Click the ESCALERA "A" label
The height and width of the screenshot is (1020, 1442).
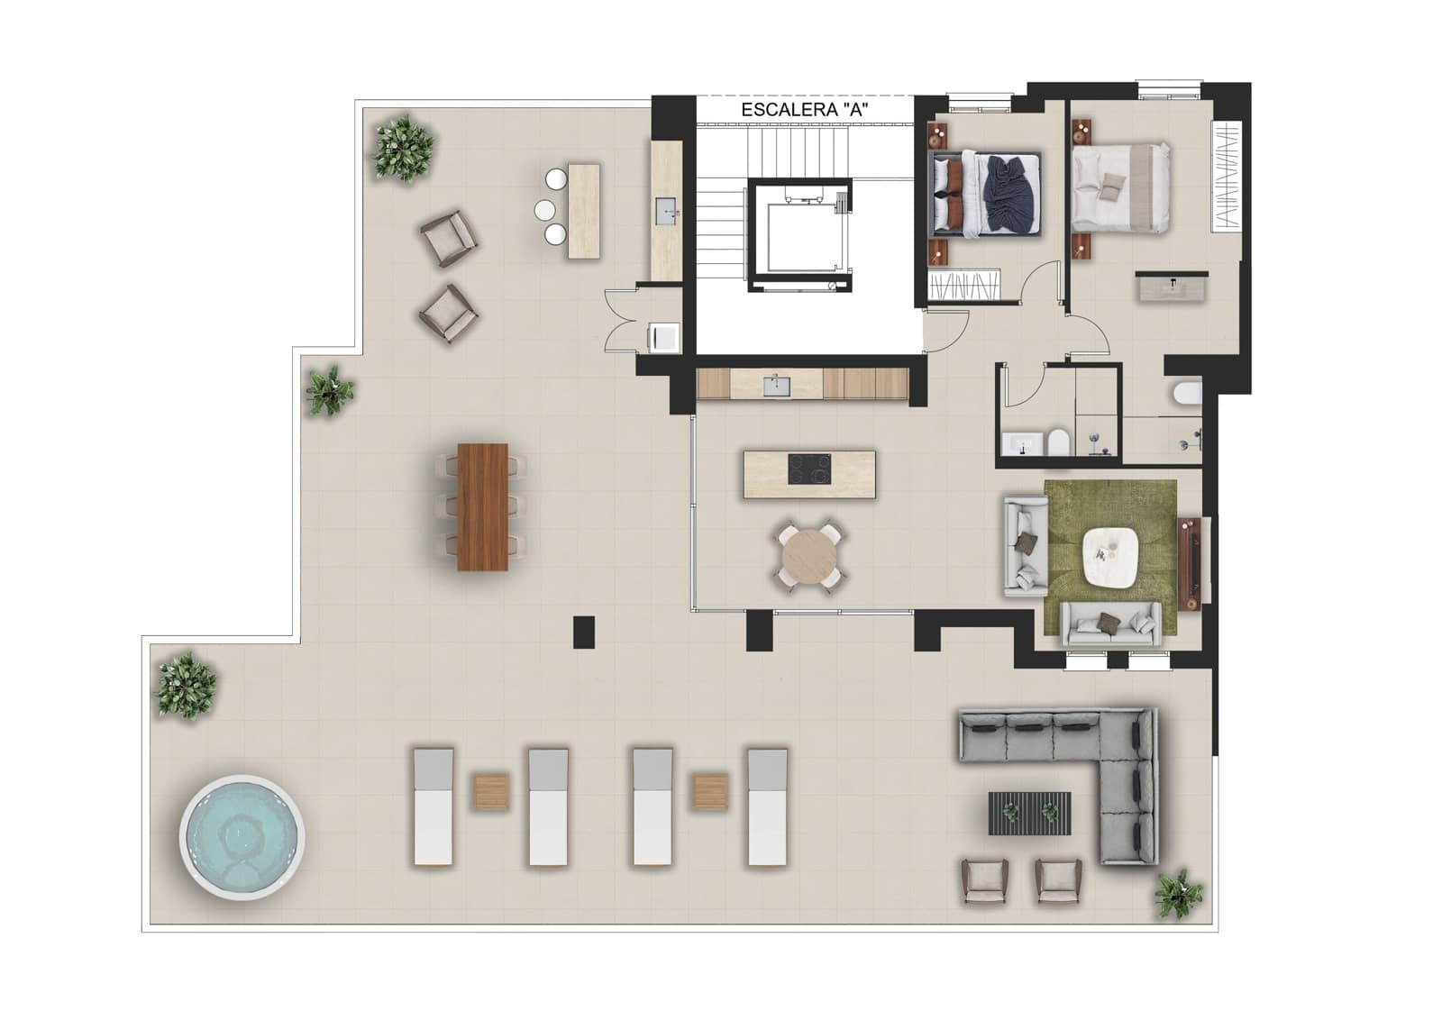(805, 110)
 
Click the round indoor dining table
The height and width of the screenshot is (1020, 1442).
(809, 559)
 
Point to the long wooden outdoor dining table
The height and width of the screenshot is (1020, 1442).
(483, 506)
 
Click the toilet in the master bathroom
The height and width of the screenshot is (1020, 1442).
(1187, 394)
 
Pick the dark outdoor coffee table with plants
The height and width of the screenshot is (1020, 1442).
(1030, 813)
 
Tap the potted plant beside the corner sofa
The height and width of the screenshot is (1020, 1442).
(1178, 894)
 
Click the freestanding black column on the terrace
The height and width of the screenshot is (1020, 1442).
(584, 631)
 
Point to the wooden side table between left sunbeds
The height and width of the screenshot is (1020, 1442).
(491, 791)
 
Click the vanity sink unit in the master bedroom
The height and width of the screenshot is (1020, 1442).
(1172, 287)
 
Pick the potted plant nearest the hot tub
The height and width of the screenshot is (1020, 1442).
(187, 685)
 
